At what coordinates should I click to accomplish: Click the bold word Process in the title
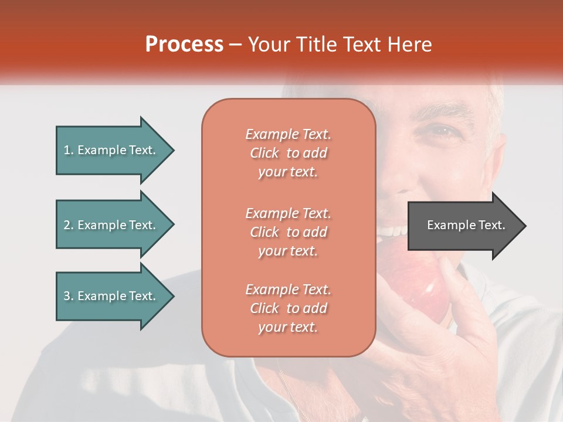184,45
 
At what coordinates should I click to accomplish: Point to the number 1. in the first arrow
68,150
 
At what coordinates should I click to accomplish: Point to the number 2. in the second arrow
68,225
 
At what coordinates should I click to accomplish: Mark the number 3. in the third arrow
68,296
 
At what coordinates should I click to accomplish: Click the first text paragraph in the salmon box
288,153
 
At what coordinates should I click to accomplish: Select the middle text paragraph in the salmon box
288,232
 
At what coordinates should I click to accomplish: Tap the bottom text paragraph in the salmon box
288,308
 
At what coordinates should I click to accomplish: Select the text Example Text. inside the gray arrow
466,225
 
